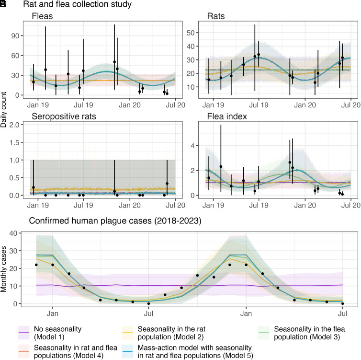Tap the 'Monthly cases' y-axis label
click(4, 269)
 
